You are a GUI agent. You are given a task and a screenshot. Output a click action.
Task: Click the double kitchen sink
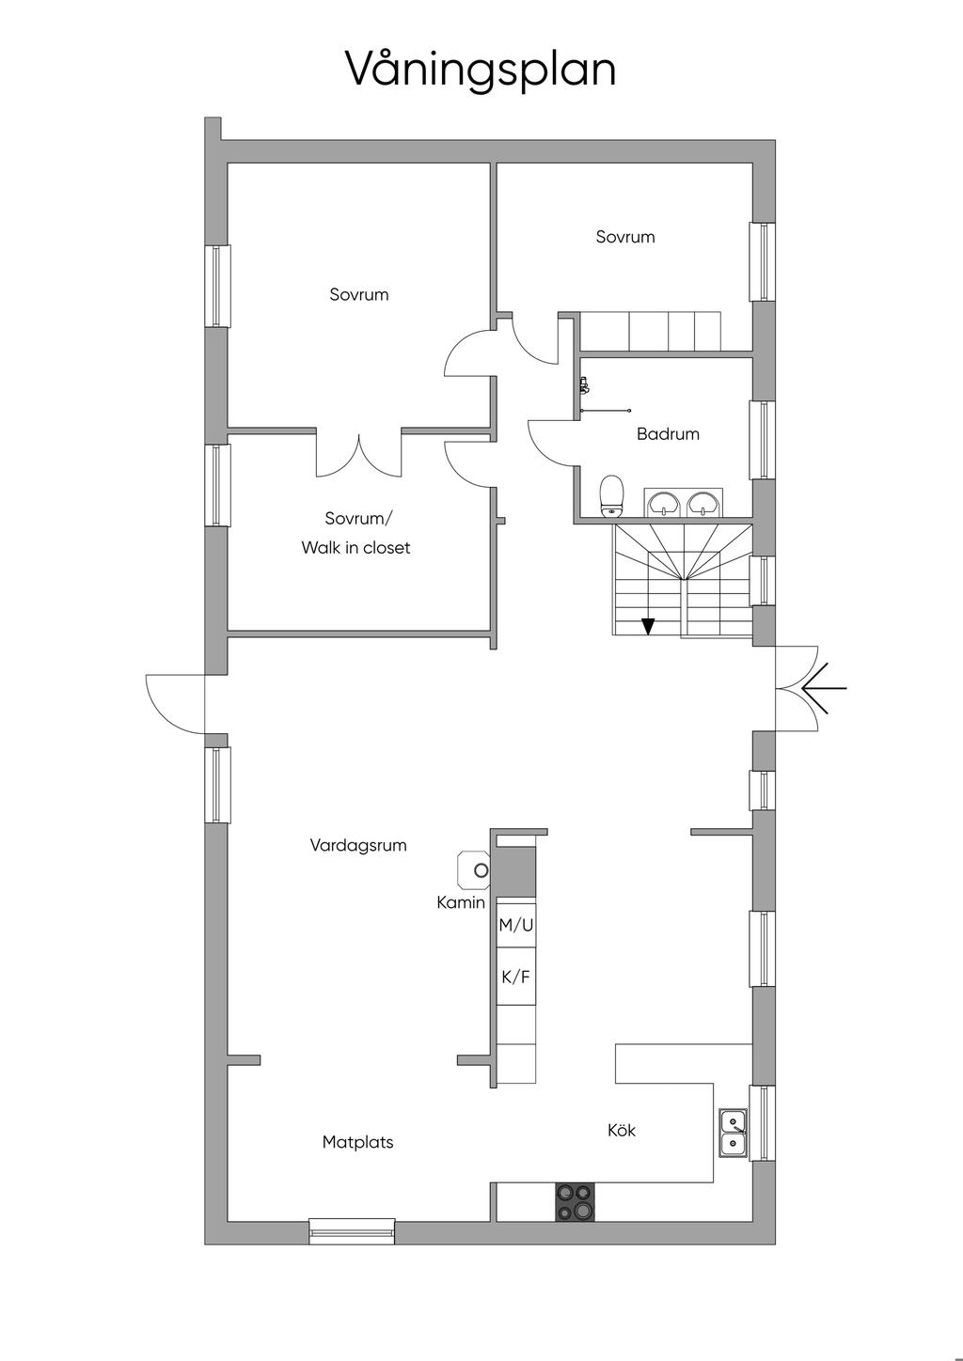(x=734, y=1134)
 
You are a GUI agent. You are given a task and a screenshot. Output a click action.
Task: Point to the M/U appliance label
(x=516, y=925)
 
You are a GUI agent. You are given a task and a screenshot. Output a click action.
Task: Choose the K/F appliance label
(x=515, y=977)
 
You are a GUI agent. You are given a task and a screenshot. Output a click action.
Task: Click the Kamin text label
(x=461, y=902)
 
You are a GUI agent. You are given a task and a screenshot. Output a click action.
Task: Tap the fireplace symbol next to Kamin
(x=474, y=870)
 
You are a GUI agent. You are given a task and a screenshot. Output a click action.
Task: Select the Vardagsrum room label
(x=358, y=845)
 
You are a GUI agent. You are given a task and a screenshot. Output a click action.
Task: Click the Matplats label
(x=357, y=1142)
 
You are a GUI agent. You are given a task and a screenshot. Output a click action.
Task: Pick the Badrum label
(x=668, y=434)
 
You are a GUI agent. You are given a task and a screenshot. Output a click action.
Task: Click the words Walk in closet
(x=355, y=547)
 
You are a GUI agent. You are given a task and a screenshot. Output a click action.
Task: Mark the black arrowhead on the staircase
(x=648, y=626)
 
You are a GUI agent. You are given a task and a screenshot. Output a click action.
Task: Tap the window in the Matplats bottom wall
(x=352, y=1231)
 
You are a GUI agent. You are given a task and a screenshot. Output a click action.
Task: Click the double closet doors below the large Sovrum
(x=358, y=455)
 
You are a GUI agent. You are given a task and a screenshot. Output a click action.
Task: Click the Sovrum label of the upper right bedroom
(x=625, y=236)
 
